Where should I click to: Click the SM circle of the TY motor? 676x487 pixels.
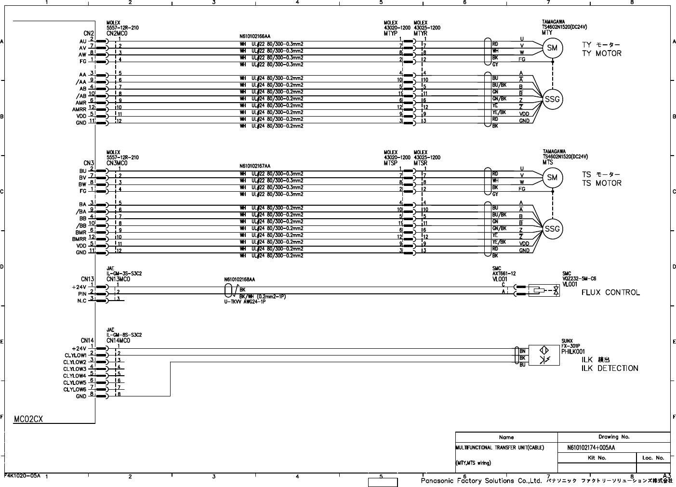pyautogui.click(x=553, y=47)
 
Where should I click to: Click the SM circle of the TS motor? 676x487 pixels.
pyautogui.click(x=553, y=177)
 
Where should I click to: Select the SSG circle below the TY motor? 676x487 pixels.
pyautogui.click(x=552, y=99)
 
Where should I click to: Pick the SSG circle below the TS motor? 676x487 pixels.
pyautogui.click(x=552, y=229)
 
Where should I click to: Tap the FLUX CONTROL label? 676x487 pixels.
pyautogui.click(x=610, y=292)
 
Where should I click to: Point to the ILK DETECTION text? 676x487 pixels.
pyautogui.click(x=610, y=369)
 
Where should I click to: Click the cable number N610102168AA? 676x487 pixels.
pyautogui.click(x=239, y=279)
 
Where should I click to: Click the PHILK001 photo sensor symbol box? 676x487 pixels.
pyautogui.click(x=544, y=355)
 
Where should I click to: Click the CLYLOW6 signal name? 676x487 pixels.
pyautogui.click(x=75, y=389)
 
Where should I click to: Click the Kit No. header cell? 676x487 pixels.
pyautogui.click(x=596, y=458)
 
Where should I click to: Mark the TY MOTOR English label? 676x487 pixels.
pyautogui.click(x=602, y=53)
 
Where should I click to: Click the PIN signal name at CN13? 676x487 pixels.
pyautogui.click(x=82, y=293)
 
